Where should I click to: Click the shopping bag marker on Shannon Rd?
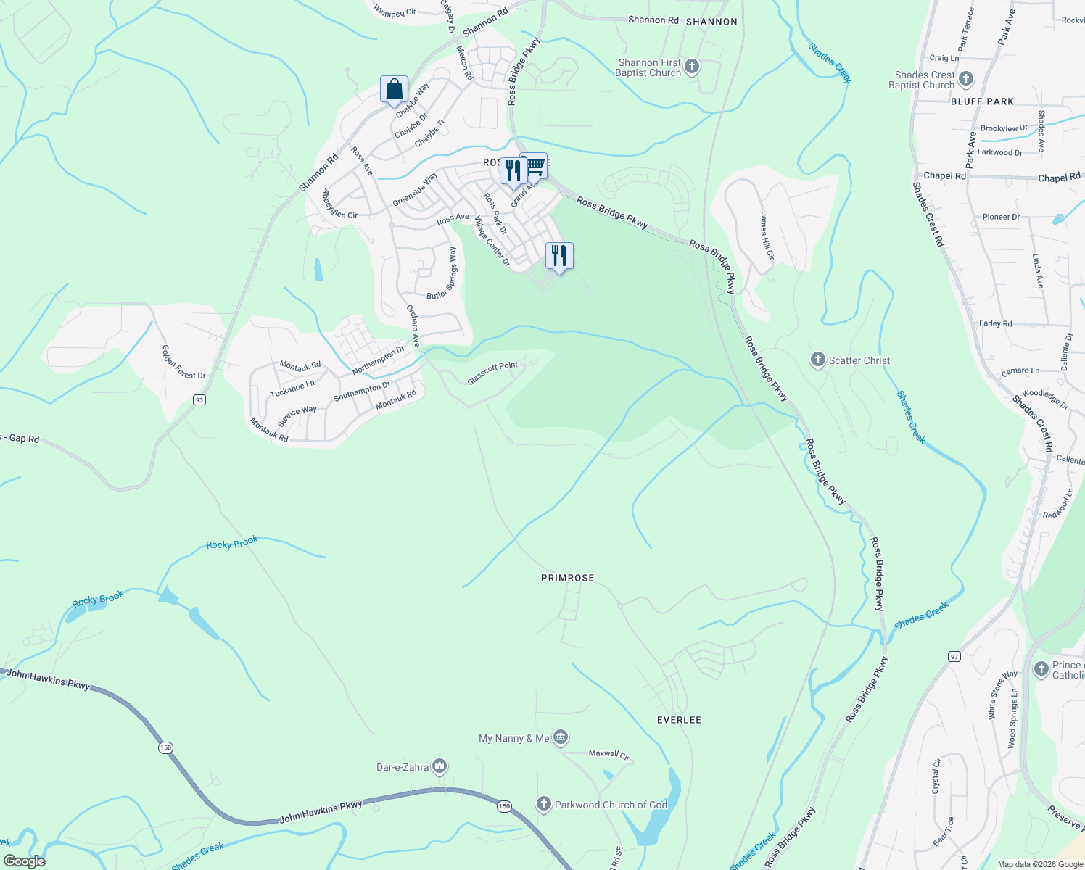pos(394,90)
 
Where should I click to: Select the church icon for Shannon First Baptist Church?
pos(692,67)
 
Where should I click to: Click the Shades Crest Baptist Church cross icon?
pos(965,79)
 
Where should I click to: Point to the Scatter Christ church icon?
pos(818,360)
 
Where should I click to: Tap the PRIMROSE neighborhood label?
pos(567,578)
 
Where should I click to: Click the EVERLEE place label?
pos(679,720)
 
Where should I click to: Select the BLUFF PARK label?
pos(982,101)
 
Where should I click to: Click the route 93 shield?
pos(199,399)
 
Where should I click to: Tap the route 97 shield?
pos(954,656)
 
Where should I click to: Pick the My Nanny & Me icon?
pos(561,738)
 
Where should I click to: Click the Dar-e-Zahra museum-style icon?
pos(440,766)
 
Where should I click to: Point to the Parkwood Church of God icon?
pos(544,804)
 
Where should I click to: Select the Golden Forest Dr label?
pos(183,362)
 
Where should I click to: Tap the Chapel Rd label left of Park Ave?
pos(944,175)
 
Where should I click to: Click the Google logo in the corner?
pos(24,861)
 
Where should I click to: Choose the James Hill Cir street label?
pos(767,236)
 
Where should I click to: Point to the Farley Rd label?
pos(995,323)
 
